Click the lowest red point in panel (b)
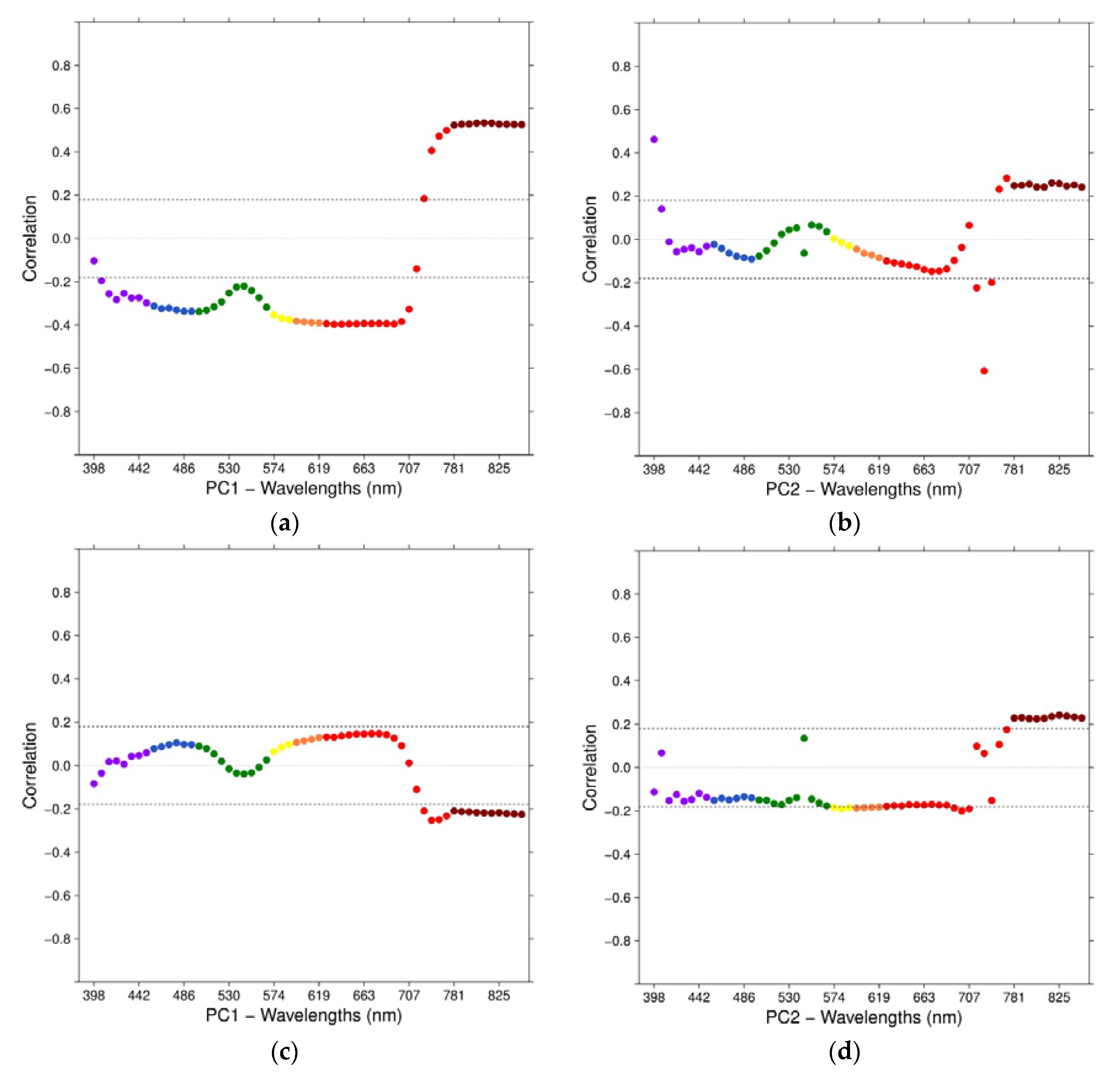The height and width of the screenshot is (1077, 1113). tap(984, 371)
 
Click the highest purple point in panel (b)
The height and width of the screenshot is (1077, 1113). tap(654, 139)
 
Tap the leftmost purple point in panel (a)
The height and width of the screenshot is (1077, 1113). tap(94, 261)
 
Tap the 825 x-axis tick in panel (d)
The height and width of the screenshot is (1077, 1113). tap(1058, 997)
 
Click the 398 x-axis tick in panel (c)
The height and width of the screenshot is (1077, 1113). tap(94, 995)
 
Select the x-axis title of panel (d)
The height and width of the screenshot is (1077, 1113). tap(864, 1017)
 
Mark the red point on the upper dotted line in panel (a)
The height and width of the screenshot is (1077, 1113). tap(424, 198)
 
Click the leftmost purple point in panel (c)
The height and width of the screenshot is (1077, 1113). tap(94, 783)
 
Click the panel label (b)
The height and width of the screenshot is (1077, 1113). tap(845, 523)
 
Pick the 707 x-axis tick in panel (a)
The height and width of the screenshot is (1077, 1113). tap(409, 469)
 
